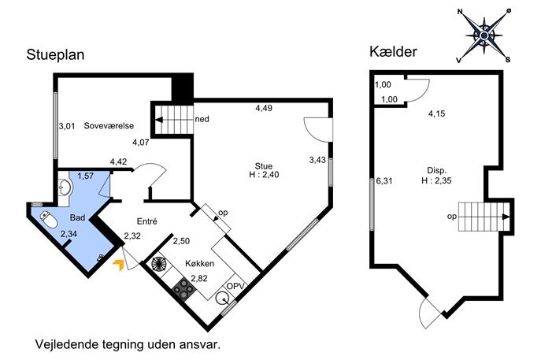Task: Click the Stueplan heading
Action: click(55, 55)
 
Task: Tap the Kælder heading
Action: click(393, 52)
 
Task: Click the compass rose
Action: click(484, 35)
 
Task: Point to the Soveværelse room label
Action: click(109, 125)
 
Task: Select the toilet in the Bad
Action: click(49, 220)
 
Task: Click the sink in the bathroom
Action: click(65, 187)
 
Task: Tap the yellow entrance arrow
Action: click(118, 265)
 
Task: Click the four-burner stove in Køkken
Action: click(183, 288)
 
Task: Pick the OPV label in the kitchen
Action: click(235, 286)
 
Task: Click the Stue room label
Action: click(264, 166)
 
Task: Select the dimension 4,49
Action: click(264, 108)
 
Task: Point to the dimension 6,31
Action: click(384, 181)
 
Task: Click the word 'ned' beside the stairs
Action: click(202, 119)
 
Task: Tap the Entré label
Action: click(147, 221)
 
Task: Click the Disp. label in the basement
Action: click(437, 170)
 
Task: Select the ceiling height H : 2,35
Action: click(436, 180)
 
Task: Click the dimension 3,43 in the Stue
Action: click(317, 160)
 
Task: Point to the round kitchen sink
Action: click(222, 298)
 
